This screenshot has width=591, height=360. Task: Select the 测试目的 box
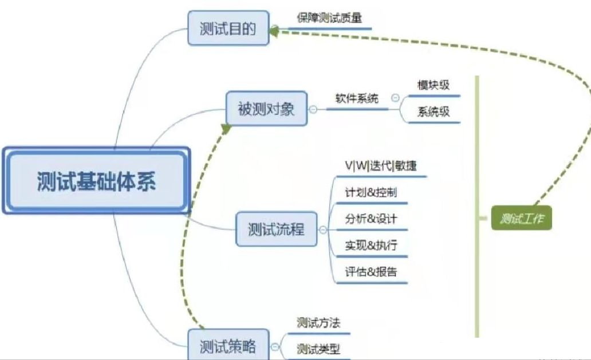pos(228,28)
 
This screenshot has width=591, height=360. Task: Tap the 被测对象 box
pos(266,108)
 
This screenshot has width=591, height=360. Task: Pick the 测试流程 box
pos(276,229)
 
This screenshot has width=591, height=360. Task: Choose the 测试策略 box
pos(228,345)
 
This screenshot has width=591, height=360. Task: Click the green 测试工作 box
pos(522,218)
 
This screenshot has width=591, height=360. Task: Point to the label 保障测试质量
pos(329,18)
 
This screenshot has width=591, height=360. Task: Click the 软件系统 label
pos(357,98)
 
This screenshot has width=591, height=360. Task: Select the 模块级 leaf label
pos(434,85)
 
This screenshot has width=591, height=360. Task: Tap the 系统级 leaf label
pos(434,112)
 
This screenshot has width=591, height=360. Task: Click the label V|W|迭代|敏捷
pos(381,165)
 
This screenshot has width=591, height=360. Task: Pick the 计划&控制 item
pos(371,192)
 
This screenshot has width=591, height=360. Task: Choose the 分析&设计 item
pos(371,219)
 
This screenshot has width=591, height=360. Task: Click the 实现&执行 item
pos(371,246)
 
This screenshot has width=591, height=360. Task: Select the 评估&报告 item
pos(371,272)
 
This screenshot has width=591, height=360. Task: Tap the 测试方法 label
pos(318,323)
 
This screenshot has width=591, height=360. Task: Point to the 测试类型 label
pos(318,349)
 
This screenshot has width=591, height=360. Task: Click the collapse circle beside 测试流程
pos(323,230)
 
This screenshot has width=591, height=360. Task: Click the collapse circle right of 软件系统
pos(395,98)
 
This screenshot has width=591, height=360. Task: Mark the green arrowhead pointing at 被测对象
pos(226,129)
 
